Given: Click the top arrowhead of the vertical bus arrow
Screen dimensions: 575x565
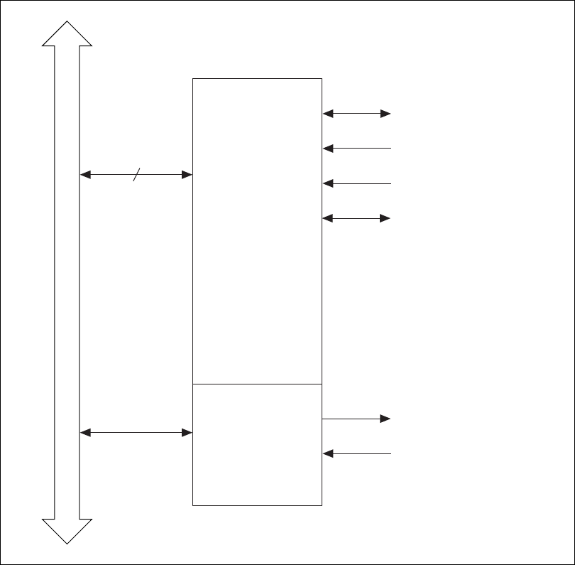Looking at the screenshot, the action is [67, 34].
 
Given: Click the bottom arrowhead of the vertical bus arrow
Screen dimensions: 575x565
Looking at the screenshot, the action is [67, 531].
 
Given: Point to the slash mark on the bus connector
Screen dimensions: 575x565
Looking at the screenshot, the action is [137, 174].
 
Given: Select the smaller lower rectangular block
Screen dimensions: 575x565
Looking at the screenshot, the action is [257, 445].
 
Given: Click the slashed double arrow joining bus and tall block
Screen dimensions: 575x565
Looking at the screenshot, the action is [163, 174].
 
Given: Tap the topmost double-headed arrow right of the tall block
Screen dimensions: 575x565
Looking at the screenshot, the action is [356, 113].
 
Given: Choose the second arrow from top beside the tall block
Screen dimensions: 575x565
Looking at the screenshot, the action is [356, 148].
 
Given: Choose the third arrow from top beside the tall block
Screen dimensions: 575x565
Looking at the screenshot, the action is [356, 183].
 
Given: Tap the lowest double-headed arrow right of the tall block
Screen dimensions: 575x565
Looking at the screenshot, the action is [356, 217].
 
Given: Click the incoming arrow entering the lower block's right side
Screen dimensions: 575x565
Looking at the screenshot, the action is [356, 453].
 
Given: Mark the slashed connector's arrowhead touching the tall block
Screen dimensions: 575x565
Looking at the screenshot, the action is [188, 174].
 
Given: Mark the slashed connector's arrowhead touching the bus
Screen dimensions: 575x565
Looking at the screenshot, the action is [84, 174].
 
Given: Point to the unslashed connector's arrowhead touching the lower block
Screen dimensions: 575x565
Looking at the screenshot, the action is [188, 432].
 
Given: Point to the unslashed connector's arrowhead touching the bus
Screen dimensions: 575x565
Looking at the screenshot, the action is [84, 432].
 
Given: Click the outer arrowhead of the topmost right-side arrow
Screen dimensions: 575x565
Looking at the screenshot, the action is [386, 113].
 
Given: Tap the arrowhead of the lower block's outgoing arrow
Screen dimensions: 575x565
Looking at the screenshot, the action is [386, 419].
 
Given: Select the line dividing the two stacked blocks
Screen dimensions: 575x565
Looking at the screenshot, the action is [257, 384].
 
